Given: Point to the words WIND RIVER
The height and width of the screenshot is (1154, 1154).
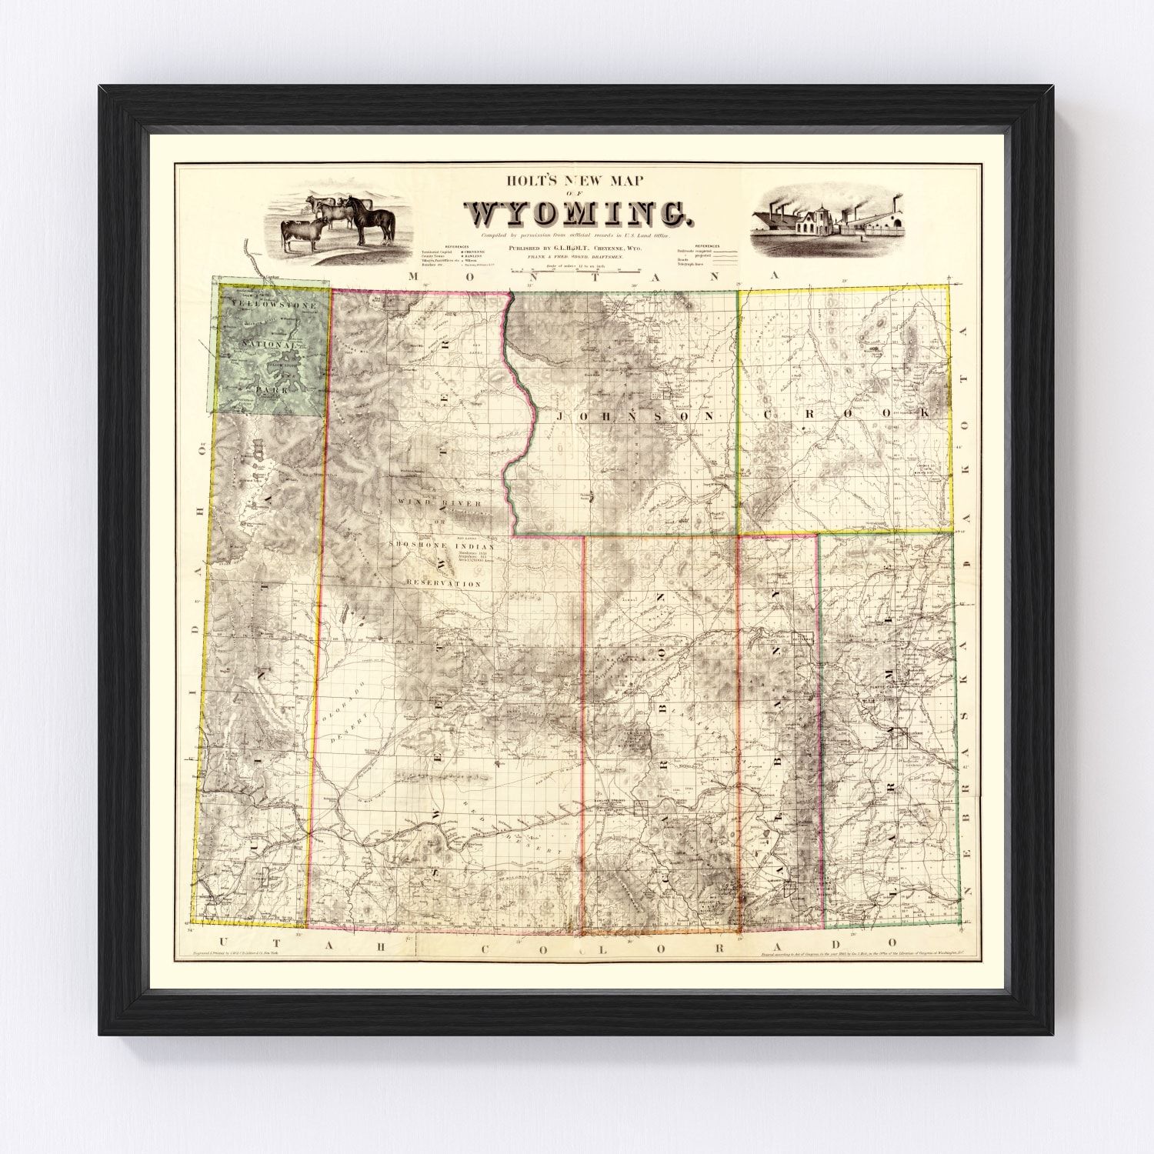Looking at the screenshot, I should point(439,504).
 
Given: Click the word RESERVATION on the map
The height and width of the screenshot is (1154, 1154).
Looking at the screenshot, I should point(439,584).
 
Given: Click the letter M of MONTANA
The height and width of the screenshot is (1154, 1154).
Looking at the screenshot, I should point(414,276).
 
